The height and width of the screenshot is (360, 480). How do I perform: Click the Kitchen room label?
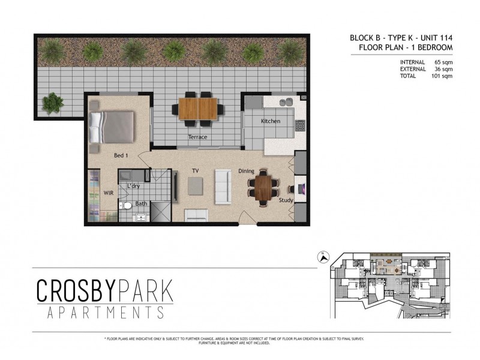click(271, 121)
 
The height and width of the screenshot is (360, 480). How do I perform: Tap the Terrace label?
click(197, 137)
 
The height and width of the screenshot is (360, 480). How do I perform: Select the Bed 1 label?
click(121, 155)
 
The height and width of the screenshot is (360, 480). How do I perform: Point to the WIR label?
click(108, 193)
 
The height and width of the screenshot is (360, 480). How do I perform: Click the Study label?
click(286, 200)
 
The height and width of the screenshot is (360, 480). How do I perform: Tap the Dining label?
click(246, 170)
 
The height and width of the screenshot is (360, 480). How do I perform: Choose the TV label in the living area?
click(195, 171)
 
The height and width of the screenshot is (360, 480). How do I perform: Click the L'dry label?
click(133, 186)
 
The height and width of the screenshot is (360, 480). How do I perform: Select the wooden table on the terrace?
click(199, 109)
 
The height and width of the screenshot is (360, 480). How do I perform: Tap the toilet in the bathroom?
click(126, 206)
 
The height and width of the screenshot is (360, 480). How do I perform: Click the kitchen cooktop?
click(300, 125)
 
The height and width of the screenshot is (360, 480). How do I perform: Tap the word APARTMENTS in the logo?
click(104, 313)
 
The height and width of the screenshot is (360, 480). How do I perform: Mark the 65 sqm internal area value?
click(443, 62)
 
